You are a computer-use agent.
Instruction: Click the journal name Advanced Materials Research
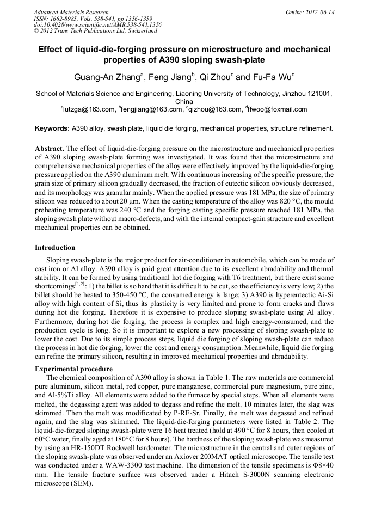[71, 12]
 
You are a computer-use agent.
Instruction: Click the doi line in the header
[97, 25]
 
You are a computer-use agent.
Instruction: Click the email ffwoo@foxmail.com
[278, 109]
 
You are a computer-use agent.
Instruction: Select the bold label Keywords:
[52, 128]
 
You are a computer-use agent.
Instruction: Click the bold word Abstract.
[50, 148]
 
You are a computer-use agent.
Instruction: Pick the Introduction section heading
[55, 248]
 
